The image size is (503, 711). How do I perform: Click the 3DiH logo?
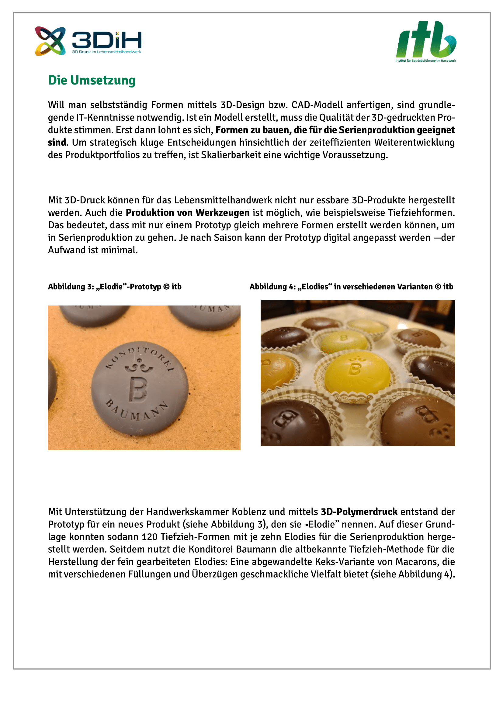pyautogui.click(x=88, y=41)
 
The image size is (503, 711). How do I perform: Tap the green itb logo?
pyautogui.click(x=426, y=39)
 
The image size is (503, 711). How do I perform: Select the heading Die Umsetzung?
pyautogui.click(x=92, y=80)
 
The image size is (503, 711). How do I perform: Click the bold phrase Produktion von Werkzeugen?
pyautogui.click(x=187, y=213)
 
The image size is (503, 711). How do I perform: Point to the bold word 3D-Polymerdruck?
pyautogui.click(x=359, y=512)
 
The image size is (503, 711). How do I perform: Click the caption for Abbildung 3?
pyautogui.click(x=115, y=287)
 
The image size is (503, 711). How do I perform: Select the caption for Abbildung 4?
pyautogui.click(x=351, y=287)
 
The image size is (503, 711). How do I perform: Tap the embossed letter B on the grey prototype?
pyautogui.click(x=138, y=389)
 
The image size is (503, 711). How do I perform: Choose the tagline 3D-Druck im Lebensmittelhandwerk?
pyautogui.click(x=106, y=52)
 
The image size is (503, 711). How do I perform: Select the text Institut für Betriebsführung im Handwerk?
pyautogui.click(x=425, y=61)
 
